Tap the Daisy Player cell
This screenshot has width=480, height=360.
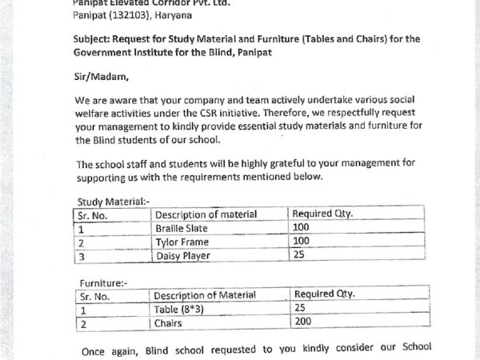click(182, 256)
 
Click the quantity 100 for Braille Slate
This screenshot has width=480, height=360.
click(302, 227)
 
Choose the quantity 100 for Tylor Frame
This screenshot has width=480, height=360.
click(302, 241)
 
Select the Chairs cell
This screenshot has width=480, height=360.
click(169, 323)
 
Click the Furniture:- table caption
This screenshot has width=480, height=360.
click(102, 282)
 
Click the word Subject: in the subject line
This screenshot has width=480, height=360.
click(96, 38)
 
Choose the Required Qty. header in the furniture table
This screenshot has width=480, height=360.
click(324, 294)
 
